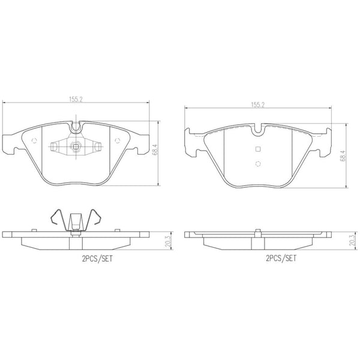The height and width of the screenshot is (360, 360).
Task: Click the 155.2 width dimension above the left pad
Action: (x=76, y=99)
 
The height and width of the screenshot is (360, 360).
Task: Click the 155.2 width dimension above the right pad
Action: (x=258, y=105)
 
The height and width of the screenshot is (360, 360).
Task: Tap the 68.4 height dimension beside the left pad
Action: (x=155, y=150)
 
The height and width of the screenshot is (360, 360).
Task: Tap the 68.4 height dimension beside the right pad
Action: (x=343, y=155)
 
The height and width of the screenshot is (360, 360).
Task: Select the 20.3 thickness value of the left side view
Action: (x=169, y=241)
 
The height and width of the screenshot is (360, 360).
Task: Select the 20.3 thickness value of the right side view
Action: (x=352, y=240)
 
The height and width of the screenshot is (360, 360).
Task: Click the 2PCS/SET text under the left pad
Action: (x=98, y=259)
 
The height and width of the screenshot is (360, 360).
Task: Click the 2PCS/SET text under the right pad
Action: (x=281, y=258)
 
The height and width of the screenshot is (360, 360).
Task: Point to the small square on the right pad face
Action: (x=258, y=149)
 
